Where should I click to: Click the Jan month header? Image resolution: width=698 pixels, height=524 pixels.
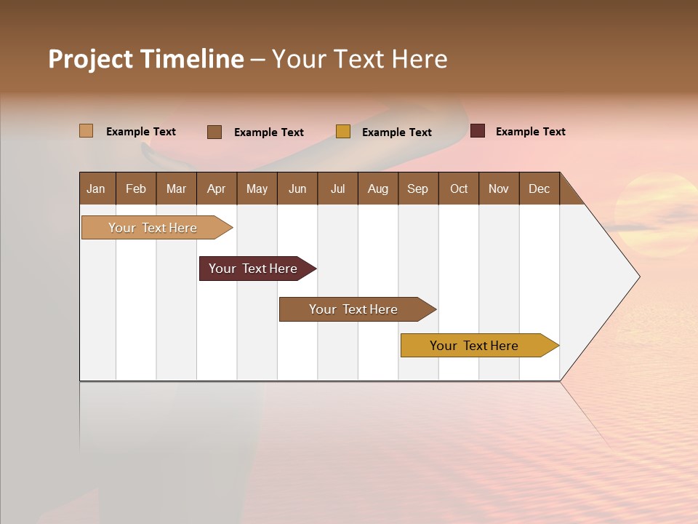(97, 188)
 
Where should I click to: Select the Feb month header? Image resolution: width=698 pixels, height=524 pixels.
(136, 188)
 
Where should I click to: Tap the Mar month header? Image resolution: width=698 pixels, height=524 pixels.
(176, 188)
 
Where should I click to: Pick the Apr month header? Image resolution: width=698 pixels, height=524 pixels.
(217, 188)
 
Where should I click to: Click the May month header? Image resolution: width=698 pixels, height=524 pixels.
(257, 188)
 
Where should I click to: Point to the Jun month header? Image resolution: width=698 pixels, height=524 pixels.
(297, 188)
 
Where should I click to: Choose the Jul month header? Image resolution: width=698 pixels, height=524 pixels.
(337, 188)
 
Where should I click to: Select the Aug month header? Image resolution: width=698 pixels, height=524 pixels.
(378, 188)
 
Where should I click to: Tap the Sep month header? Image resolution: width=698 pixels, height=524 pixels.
(418, 188)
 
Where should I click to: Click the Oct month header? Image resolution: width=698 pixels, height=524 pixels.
(459, 188)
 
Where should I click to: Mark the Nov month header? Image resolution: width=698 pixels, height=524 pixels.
(499, 188)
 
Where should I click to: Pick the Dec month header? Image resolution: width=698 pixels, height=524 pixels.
(539, 188)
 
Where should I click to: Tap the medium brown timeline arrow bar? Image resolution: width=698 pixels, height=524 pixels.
(354, 309)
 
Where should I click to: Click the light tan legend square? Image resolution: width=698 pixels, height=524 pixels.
(86, 131)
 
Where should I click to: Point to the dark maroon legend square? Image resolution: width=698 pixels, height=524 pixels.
(477, 131)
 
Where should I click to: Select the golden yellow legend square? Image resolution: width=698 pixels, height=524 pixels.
(343, 132)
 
